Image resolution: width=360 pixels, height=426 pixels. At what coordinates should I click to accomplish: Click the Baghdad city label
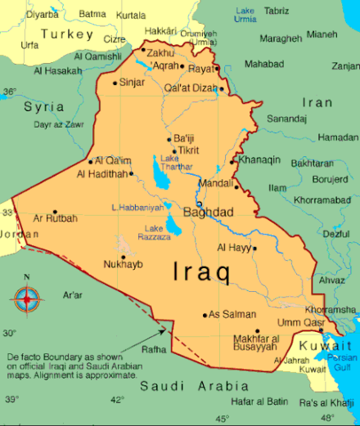click(x=208, y=213)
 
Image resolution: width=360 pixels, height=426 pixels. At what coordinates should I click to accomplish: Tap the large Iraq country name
click(x=200, y=270)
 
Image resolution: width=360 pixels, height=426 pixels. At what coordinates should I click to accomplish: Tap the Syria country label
click(x=43, y=106)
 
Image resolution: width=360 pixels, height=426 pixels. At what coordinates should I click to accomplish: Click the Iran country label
click(x=317, y=102)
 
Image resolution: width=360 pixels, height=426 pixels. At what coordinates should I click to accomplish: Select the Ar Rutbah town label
click(x=56, y=217)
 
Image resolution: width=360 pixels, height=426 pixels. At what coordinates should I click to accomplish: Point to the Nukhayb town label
click(x=123, y=264)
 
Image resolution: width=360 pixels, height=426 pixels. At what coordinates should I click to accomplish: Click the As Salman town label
click(x=234, y=314)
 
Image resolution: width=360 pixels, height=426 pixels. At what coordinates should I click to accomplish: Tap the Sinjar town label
click(x=131, y=83)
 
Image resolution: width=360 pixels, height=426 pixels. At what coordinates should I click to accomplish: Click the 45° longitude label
click(x=222, y=418)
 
